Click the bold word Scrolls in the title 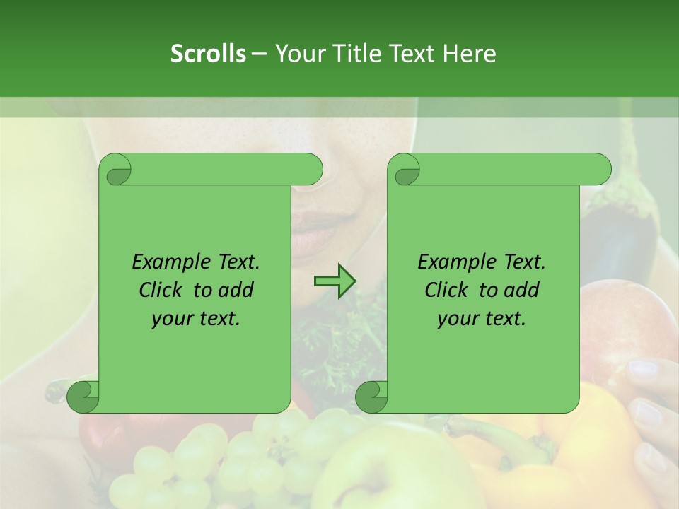[x=208, y=54]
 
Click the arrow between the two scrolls [x=335, y=281]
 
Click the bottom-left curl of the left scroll [x=83, y=397]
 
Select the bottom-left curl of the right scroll [x=371, y=397]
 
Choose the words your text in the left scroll [x=196, y=318]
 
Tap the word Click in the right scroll [x=448, y=290]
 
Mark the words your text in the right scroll [x=482, y=318]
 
